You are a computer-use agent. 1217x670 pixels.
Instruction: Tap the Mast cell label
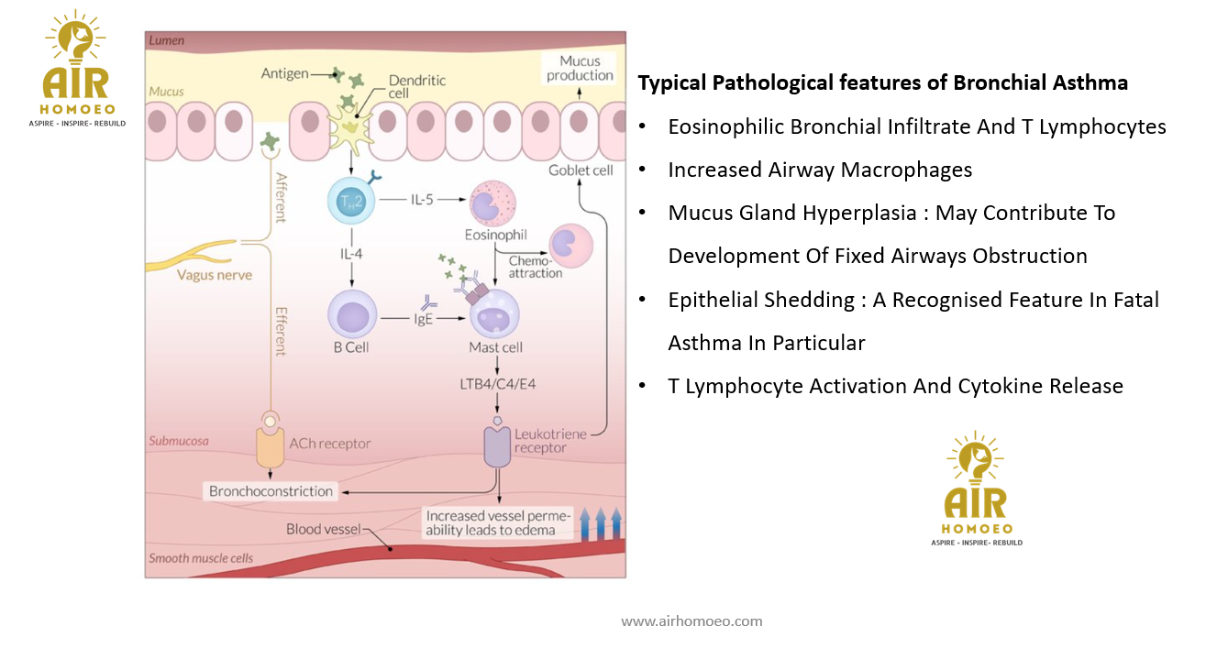click(496, 347)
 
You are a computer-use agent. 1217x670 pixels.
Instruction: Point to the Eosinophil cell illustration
click(492, 203)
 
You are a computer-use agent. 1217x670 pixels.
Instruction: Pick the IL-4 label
click(351, 254)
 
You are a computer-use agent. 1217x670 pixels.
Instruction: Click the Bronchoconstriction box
click(271, 491)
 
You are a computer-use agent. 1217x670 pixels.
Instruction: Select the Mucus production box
click(580, 68)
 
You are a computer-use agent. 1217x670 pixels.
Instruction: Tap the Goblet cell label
click(581, 170)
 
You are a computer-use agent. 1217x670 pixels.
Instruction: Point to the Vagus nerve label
click(214, 275)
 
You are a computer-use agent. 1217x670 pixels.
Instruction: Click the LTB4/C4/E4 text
click(498, 384)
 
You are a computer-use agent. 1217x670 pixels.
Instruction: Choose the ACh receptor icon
click(270, 444)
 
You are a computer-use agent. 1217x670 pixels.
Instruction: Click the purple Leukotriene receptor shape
click(497, 445)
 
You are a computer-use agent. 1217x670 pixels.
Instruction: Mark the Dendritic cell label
click(417, 88)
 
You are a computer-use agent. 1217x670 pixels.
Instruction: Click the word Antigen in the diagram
click(284, 73)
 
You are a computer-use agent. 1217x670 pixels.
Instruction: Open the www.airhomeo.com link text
click(691, 621)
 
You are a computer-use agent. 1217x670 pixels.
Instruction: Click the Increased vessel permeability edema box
click(498, 523)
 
